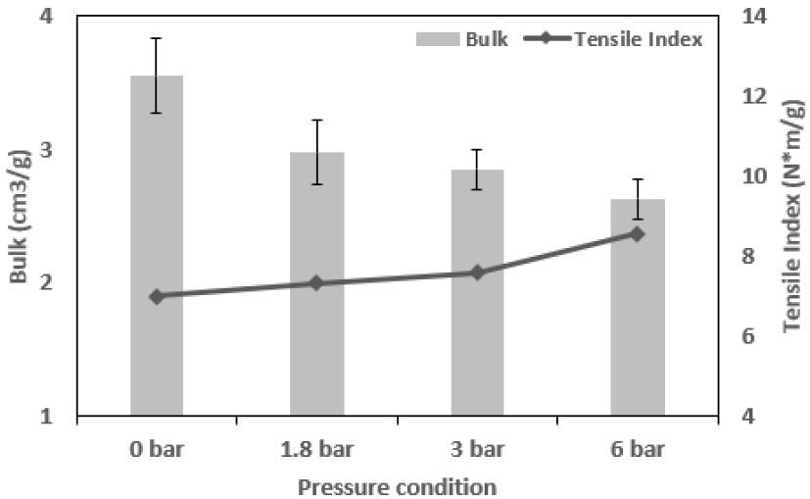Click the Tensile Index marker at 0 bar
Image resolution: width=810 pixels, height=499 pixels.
157,296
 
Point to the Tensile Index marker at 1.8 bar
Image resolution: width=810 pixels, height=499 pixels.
316,283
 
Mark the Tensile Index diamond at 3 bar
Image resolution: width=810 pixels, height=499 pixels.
477,273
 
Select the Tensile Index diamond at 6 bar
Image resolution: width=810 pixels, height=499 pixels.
638,234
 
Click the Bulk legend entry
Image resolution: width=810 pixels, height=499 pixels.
461,39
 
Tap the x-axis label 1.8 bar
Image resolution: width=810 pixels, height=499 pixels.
316,450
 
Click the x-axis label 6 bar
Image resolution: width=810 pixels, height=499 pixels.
638,450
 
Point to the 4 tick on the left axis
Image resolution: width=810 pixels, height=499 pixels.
46,18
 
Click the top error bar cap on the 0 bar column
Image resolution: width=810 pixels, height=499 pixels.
157,38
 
